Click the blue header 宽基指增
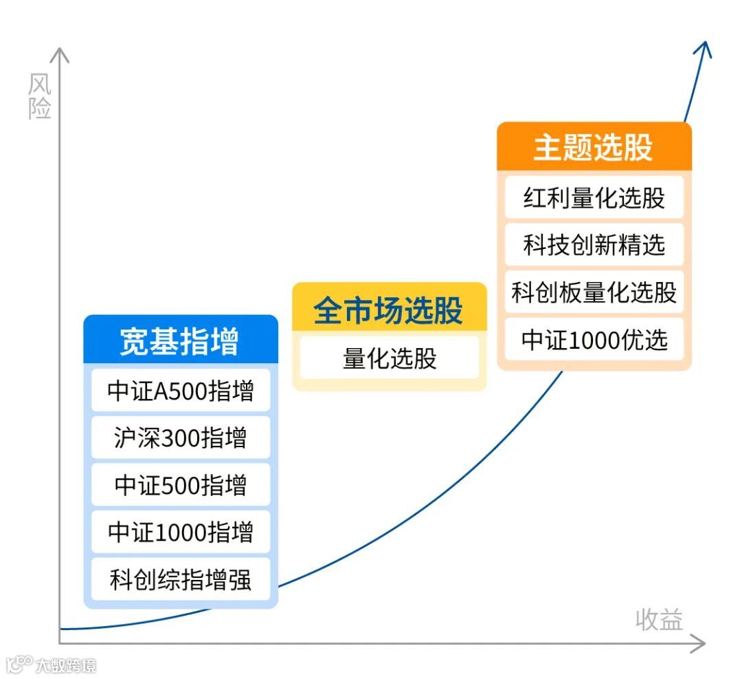coord(180,341)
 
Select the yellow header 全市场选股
coord(389,310)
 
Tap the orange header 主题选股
coord(594,147)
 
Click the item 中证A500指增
coord(181,391)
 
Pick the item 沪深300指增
coord(181,438)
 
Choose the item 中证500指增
coord(181,485)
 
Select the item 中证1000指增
coord(181,532)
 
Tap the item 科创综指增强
coord(181,579)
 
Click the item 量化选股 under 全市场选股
coord(390,358)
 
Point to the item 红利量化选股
coord(594,197)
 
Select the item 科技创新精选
coord(594,245)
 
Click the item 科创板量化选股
coord(594,292)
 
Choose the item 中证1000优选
coord(594,340)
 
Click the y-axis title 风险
coord(40,96)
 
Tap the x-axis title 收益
coord(659,619)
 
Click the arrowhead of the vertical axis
coord(60,55)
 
